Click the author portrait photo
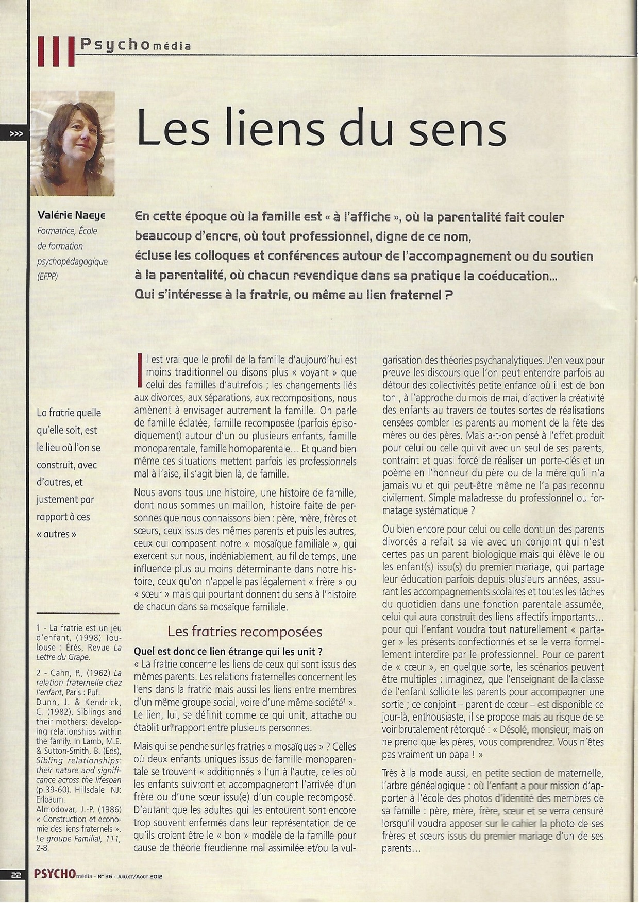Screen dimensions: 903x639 point(73,143)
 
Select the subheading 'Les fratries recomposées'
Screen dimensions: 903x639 point(245,632)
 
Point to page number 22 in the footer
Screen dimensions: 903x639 point(16,875)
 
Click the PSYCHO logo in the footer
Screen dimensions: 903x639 point(54,874)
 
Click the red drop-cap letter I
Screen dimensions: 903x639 point(139,370)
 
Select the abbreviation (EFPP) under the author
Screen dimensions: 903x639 point(47,277)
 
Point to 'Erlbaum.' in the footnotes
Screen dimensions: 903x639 point(51,799)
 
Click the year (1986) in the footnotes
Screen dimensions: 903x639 point(108,809)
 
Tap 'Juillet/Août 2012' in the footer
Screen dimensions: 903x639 point(139,876)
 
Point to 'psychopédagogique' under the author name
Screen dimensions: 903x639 point(72,261)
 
